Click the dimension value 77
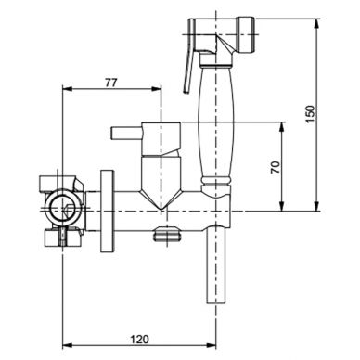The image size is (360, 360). coord(111,83)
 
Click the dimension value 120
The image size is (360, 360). coord(139,339)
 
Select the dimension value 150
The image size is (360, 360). coord(310,114)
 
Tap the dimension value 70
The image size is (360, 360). coord(276,167)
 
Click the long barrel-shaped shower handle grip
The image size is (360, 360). coord(216,122)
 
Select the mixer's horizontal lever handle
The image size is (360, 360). coord(126,134)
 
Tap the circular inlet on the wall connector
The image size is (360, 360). coord(64,209)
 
